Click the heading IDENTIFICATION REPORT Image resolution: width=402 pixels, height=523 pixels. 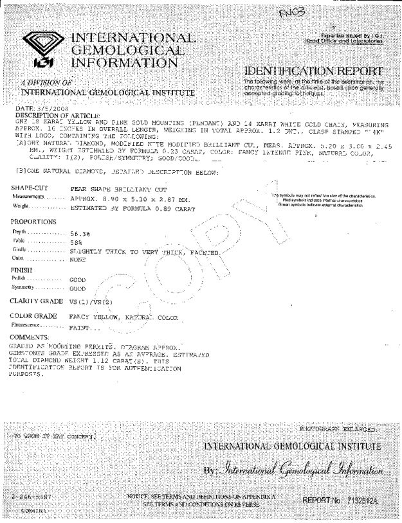click(x=314, y=71)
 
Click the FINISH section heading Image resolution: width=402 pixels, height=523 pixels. click(x=23, y=270)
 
